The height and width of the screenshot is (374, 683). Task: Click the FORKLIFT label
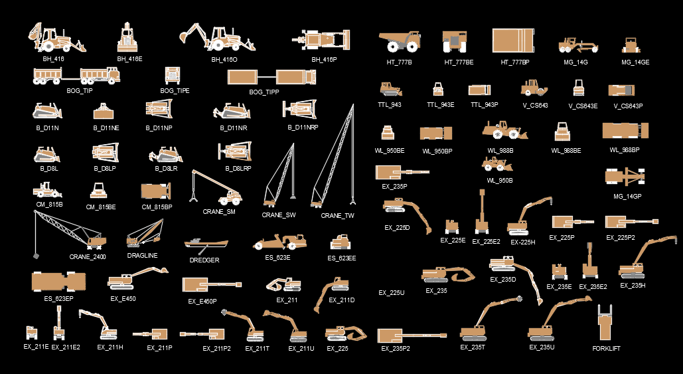(x=606, y=348)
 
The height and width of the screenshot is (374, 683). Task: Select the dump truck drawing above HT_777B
(x=399, y=41)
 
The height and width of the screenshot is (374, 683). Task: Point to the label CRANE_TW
(x=337, y=216)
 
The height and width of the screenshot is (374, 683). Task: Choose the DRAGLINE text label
(x=142, y=255)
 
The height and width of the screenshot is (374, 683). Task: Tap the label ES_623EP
(x=59, y=299)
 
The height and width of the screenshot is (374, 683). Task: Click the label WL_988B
(x=500, y=151)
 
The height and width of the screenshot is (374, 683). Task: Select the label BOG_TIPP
(x=264, y=92)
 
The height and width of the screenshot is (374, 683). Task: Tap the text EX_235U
(x=542, y=347)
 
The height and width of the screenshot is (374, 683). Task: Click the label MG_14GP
(x=627, y=197)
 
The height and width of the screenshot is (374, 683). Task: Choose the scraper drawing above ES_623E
(x=279, y=242)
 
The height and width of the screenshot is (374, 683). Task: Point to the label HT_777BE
(x=459, y=62)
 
